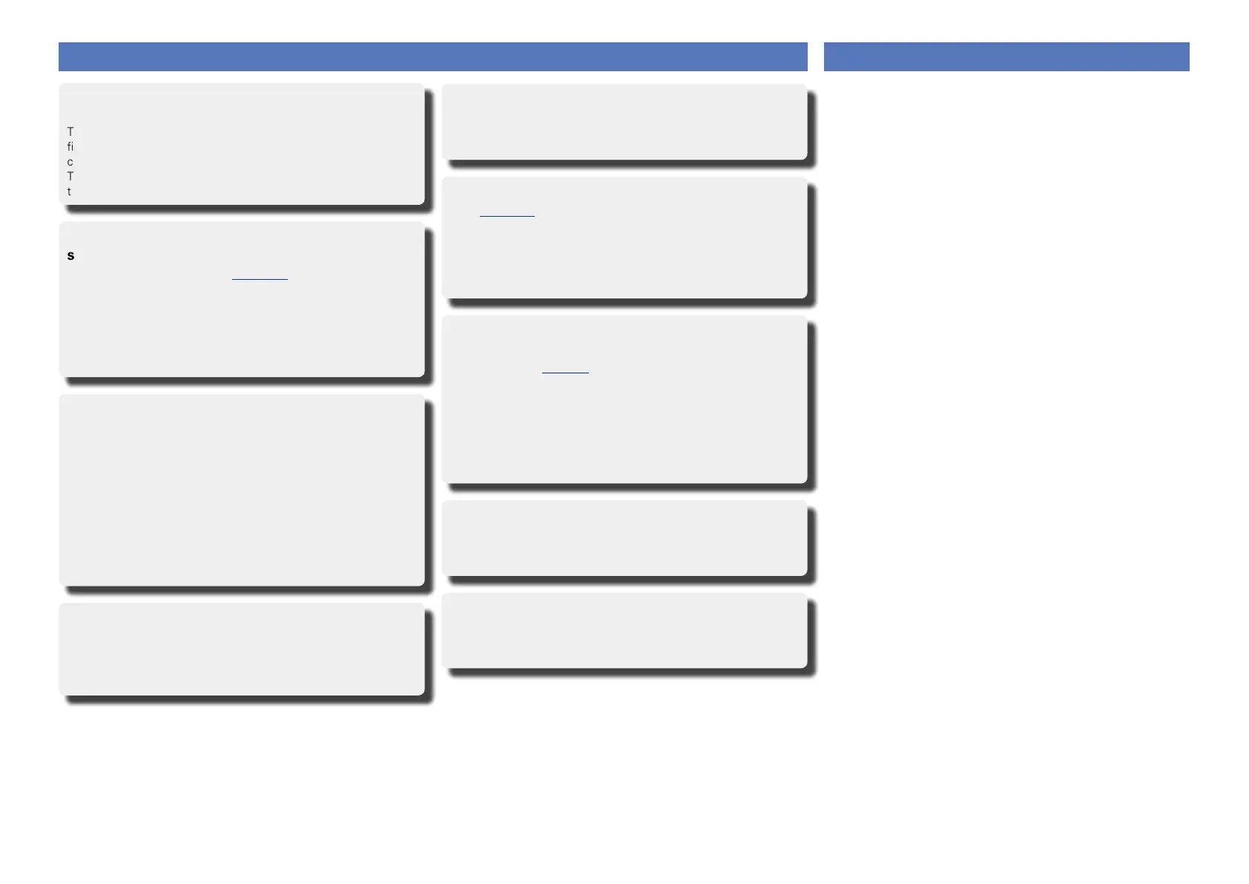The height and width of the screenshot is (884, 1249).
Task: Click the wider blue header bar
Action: (432, 56)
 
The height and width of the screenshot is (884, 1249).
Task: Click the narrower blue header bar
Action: (1006, 56)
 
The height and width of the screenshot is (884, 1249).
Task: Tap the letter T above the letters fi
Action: (70, 131)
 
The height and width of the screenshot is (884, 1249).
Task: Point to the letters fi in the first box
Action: (70, 147)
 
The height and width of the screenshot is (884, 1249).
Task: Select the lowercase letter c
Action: (70, 162)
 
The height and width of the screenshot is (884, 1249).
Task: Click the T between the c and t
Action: (70, 177)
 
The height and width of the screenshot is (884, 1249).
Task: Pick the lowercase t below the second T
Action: (70, 191)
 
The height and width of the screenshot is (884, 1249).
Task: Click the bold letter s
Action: (71, 256)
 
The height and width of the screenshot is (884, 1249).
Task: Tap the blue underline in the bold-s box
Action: (260, 280)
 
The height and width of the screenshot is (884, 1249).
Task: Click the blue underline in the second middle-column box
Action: (507, 216)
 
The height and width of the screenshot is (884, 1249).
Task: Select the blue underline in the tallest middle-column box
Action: (565, 372)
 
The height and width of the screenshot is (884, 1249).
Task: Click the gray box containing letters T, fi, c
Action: (242, 143)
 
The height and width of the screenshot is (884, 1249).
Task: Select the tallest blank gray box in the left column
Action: (242, 490)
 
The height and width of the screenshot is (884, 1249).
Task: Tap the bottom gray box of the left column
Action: (242, 649)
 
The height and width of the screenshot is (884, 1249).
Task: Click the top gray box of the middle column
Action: (624, 121)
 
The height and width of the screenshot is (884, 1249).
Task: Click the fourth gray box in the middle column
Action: (624, 537)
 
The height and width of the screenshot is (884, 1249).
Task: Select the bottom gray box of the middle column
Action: (624, 629)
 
